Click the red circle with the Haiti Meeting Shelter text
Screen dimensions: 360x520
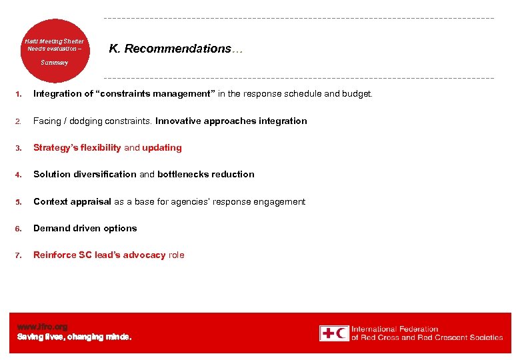coord(54,51)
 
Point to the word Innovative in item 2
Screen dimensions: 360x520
coord(180,121)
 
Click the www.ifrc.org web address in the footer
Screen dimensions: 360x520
coord(42,327)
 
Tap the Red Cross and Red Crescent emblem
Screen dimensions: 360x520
coord(333,333)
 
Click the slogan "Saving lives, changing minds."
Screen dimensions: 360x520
coord(74,337)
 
